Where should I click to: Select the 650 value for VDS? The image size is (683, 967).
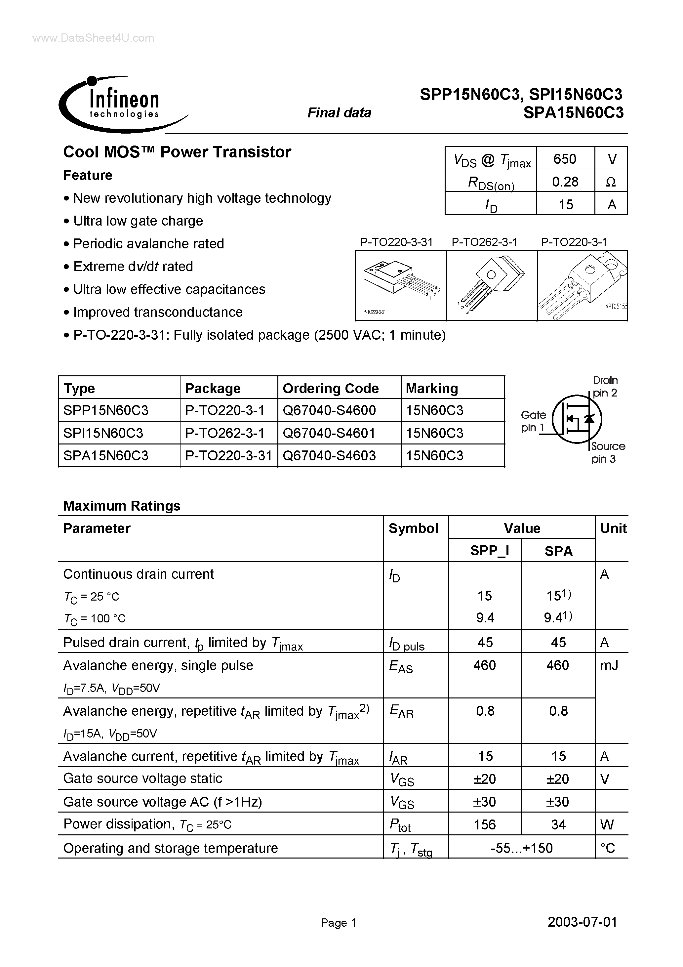(x=564, y=159)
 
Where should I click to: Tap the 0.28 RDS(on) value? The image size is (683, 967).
(x=565, y=182)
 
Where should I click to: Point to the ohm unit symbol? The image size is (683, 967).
(x=611, y=182)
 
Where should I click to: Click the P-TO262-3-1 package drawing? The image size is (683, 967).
(x=491, y=285)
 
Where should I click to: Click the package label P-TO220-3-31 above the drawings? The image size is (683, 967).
(x=396, y=242)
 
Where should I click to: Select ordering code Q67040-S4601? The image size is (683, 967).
(x=329, y=433)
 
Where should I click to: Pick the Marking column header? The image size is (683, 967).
(x=432, y=388)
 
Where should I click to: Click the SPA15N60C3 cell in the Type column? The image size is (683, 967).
(x=106, y=456)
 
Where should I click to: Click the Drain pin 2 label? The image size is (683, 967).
(x=605, y=386)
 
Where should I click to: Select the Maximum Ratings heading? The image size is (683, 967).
(x=122, y=505)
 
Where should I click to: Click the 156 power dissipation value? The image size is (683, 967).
(x=485, y=824)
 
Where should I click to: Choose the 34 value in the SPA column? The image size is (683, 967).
(x=558, y=824)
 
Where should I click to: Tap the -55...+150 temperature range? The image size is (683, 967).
(x=521, y=847)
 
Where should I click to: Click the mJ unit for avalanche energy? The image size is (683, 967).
(x=609, y=665)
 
